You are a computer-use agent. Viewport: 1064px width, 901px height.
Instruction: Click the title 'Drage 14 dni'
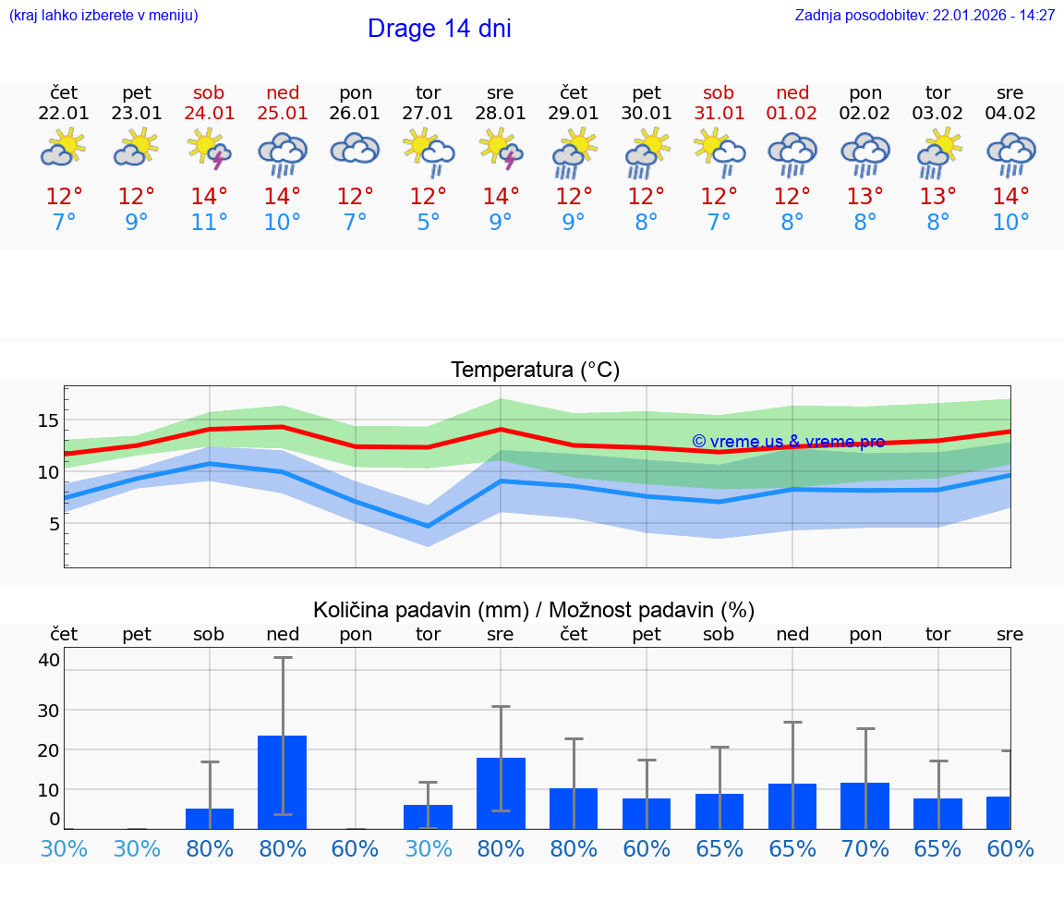click(439, 29)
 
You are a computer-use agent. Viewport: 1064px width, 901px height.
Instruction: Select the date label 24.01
click(210, 114)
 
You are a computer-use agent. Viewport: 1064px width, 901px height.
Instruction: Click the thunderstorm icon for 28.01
click(501, 150)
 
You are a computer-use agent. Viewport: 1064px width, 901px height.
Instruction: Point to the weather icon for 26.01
click(356, 150)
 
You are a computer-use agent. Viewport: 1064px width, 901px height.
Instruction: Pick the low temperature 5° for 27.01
click(428, 223)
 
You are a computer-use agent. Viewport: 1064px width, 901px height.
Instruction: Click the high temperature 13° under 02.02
click(865, 197)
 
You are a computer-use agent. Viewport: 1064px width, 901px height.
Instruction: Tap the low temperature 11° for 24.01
click(210, 223)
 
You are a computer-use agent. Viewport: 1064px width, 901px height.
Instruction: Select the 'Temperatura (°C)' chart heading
click(535, 371)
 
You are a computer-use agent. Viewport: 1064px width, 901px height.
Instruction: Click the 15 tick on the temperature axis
click(49, 420)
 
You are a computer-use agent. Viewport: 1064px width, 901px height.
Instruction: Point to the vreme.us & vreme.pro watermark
click(788, 442)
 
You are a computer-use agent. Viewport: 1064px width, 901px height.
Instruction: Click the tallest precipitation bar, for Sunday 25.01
click(283, 781)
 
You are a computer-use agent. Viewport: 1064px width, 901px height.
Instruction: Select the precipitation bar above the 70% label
click(865, 805)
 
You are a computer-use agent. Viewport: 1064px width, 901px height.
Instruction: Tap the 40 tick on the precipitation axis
click(49, 660)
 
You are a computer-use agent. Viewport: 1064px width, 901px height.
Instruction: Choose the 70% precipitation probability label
click(865, 849)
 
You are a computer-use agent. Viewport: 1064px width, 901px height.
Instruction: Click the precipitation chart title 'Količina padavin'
click(534, 610)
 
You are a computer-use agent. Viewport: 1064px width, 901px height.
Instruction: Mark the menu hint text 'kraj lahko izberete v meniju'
click(103, 16)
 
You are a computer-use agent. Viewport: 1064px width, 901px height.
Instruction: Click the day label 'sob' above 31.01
click(719, 93)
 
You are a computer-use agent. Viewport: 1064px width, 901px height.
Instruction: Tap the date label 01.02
click(792, 114)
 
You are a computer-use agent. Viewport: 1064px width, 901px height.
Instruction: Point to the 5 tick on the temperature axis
click(54, 524)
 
